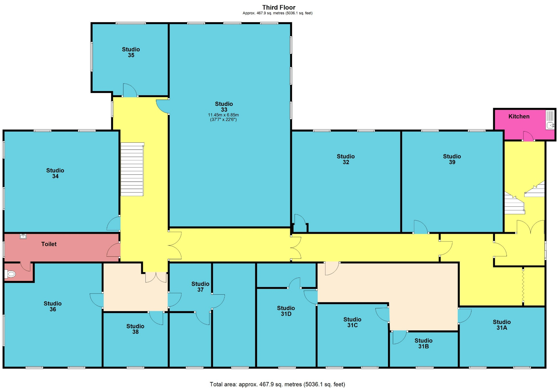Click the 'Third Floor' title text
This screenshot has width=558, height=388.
click(x=278, y=7)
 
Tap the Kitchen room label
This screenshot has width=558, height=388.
click(x=518, y=117)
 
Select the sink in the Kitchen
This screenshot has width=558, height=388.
click(x=550, y=125)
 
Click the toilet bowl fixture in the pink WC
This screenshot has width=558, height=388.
click(x=10, y=274)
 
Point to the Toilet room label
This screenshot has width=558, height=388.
click(x=49, y=244)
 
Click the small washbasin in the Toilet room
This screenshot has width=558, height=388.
click(x=23, y=236)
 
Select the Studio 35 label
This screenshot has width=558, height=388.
click(x=131, y=52)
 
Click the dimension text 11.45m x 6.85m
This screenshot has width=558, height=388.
click(x=223, y=115)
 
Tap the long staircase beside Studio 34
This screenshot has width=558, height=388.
click(x=132, y=169)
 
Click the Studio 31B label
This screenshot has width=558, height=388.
click(x=423, y=344)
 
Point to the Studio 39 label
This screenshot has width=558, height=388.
click(x=451, y=159)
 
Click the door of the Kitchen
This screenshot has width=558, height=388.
click(x=528, y=136)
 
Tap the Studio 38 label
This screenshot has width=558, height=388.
click(x=135, y=329)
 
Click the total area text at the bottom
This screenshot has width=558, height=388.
click(x=277, y=384)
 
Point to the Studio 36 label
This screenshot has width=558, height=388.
click(x=53, y=306)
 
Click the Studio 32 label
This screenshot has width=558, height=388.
click(x=345, y=159)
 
